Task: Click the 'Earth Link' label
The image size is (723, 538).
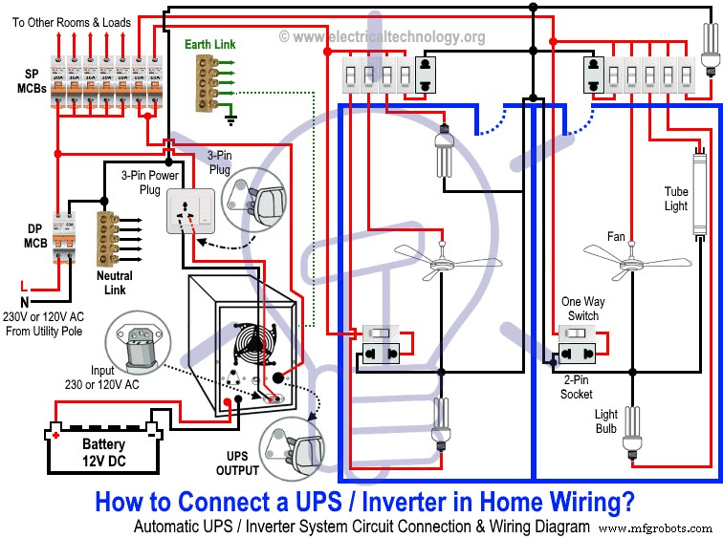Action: click(210, 44)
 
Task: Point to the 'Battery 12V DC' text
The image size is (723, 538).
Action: click(102, 452)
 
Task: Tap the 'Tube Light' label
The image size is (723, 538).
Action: click(676, 199)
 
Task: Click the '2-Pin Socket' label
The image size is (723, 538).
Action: click(576, 387)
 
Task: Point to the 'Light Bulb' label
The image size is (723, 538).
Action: click(605, 420)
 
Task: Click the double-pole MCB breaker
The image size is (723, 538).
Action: click(65, 233)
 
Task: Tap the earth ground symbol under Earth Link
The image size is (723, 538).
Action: click(230, 119)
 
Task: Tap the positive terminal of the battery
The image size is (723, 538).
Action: click(56, 435)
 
